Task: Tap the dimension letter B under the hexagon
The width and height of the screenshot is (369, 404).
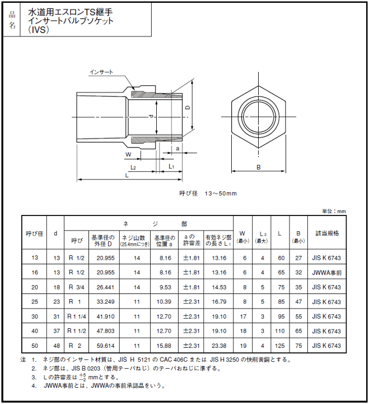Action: coord(258,167)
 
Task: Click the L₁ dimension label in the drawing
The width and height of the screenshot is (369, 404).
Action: coord(171,167)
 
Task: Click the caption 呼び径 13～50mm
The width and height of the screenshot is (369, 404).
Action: coord(208,193)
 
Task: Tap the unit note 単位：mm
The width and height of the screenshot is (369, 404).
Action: coord(334,211)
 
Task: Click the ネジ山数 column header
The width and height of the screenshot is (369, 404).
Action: coord(134,240)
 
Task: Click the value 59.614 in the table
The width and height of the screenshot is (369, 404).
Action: coord(105,346)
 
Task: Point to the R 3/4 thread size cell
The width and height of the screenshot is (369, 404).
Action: coord(76,287)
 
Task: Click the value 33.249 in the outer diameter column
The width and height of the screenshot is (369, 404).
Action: coord(105,301)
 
